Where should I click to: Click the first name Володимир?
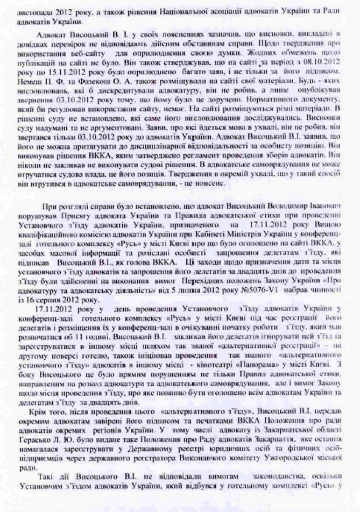[280, 206]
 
